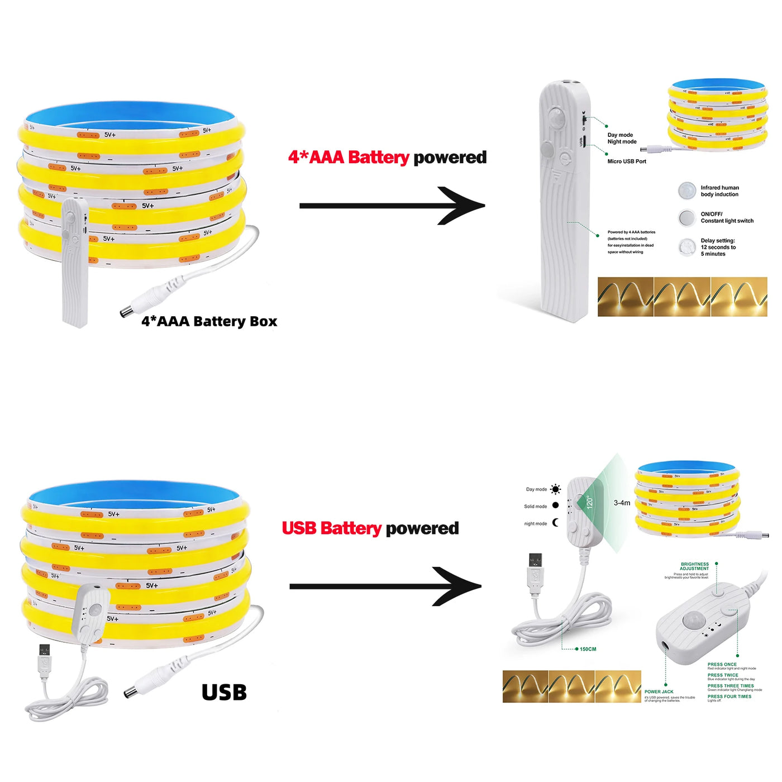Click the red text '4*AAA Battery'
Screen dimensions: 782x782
pyautogui.click(x=349, y=158)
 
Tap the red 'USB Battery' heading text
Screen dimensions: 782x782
pyautogui.click(x=331, y=528)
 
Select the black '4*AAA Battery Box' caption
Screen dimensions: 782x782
pyautogui.click(x=209, y=321)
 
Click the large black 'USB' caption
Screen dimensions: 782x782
pyautogui.click(x=224, y=693)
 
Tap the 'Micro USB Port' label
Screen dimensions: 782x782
pyautogui.click(x=627, y=161)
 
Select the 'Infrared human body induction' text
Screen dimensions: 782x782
pyautogui.click(x=719, y=191)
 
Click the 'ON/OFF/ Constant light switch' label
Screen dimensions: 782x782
pyautogui.click(x=727, y=217)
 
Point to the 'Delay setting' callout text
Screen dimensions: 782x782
pyautogui.click(x=718, y=247)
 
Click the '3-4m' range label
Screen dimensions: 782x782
pyautogui.click(x=622, y=503)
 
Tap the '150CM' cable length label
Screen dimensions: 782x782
pyautogui.click(x=588, y=649)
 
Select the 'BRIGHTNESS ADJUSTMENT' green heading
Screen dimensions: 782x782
pyautogui.click(x=694, y=566)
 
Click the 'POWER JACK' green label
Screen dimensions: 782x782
pyautogui.click(x=659, y=692)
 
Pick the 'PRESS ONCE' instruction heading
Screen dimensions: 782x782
pyautogui.click(x=722, y=664)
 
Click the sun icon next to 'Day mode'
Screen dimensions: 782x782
pyautogui.click(x=555, y=489)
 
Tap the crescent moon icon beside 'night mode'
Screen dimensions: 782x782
pyautogui.click(x=555, y=523)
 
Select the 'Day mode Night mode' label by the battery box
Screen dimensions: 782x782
pyautogui.click(x=622, y=138)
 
